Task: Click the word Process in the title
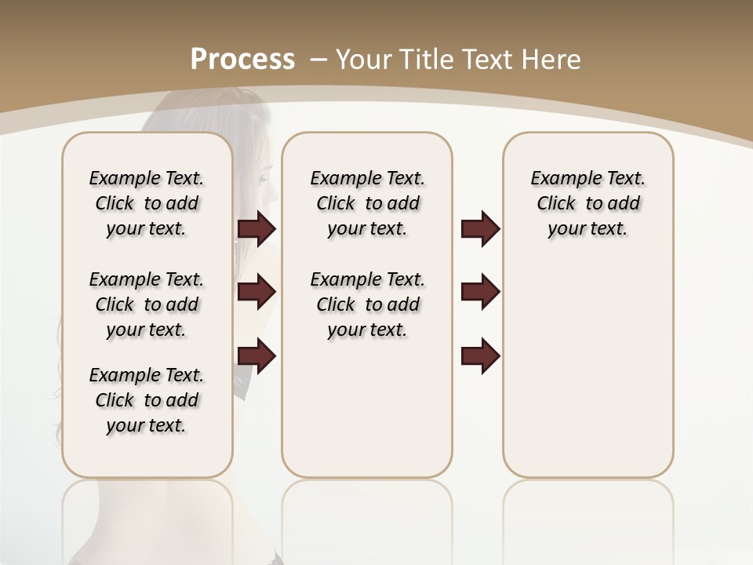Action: pyautogui.click(x=242, y=59)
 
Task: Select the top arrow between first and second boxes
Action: pyautogui.click(x=256, y=229)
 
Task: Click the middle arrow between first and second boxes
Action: pyautogui.click(x=256, y=292)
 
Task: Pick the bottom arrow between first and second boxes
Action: pyautogui.click(x=256, y=355)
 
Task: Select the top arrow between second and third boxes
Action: pyautogui.click(x=480, y=229)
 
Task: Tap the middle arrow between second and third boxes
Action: pyautogui.click(x=480, y=292)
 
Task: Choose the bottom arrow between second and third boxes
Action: pyautogui.click(x=480, y=355)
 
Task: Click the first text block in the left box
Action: pyautogui.click(x=147, y=203)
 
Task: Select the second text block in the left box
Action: pyautogui.click(x=147, y=304)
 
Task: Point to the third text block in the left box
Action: pyautogui.click(x=147, y=400)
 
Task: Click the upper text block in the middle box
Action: pyautogui.click(x=367, y=203)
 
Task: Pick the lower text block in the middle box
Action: pyautogui.click(x=367, y=304)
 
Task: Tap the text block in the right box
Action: pyautogui.click(x=587, y=203)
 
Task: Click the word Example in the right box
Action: pyautogui.click(x=561, y=179)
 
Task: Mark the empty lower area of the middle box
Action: pyautogui.click(x=367, y=408)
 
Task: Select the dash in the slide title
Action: pyautogui.click(x=318, y=59)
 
